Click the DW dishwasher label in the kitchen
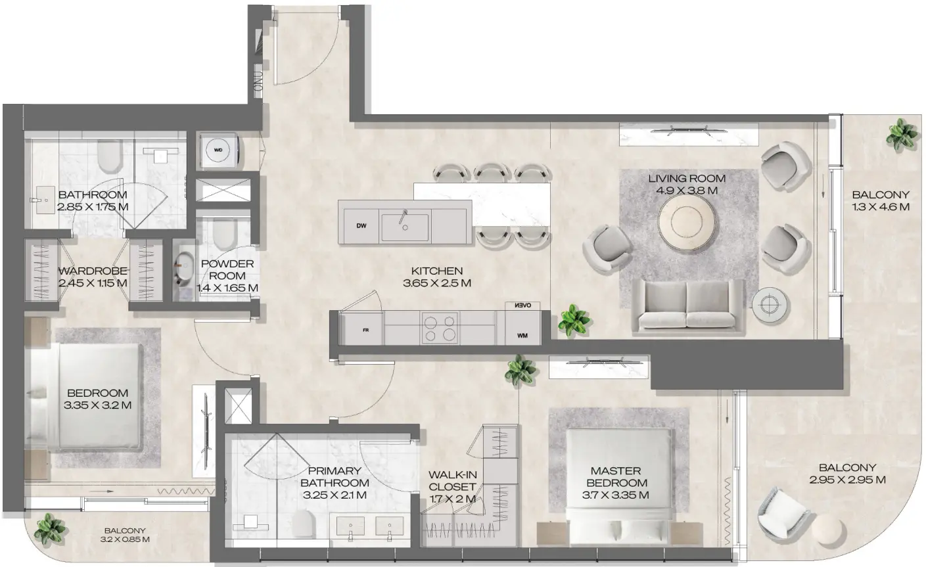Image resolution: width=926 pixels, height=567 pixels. (361, 226)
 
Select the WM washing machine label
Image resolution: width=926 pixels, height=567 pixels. (522, 336)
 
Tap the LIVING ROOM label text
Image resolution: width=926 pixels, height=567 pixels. (687, 178)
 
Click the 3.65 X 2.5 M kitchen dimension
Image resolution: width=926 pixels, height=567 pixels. (437, 283)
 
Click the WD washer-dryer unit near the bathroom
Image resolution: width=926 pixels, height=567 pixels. (218, 150)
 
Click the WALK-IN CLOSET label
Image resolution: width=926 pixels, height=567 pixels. (452, 480)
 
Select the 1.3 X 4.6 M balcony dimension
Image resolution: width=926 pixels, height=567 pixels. (881, 206)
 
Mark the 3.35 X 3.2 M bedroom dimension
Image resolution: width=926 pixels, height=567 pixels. (99, 405)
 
